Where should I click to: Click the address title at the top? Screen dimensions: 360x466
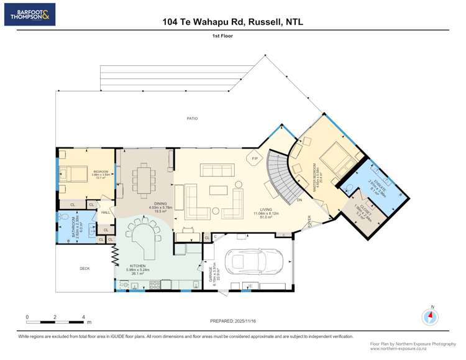(x=232, y=21)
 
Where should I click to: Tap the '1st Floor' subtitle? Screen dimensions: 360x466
(x=232, y=36)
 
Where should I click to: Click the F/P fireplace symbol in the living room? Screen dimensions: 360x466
(x=255, y=159)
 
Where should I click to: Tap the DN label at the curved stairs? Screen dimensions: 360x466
(x=299, y=200)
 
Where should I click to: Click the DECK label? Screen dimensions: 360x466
(x=85, y=269)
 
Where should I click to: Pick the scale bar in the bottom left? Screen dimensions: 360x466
(x=56, y=320)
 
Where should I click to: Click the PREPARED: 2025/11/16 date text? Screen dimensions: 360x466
(x=233, y=322)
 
